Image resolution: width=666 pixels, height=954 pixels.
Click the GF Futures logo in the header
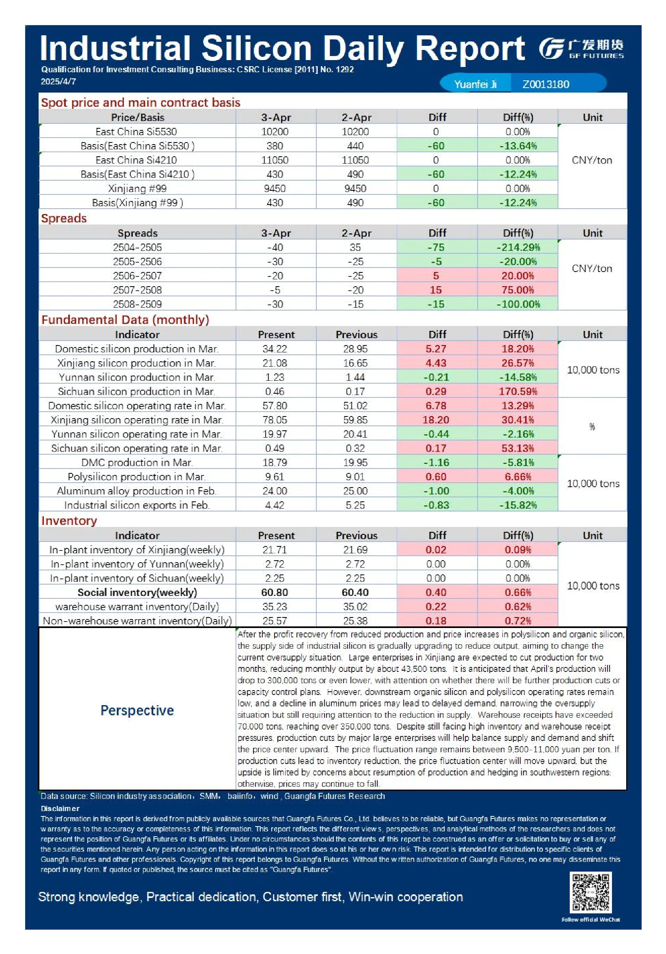point(581,49)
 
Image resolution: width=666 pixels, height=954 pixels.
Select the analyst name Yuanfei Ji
point(475,84)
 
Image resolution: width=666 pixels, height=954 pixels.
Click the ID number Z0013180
point(546,84)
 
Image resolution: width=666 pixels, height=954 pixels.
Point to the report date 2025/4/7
point(58,82)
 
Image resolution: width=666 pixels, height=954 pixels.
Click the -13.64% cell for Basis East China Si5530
point(518,146)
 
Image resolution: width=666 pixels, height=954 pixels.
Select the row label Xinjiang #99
point(137,189)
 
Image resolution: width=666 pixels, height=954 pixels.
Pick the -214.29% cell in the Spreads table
point(518,247)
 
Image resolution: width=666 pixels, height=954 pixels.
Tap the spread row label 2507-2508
point(137,290)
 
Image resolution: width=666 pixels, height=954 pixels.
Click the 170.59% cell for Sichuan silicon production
point(518,391)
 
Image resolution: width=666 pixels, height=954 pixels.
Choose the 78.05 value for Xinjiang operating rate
point(275,420)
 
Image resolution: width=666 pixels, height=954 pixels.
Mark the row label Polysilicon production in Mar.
point(137,477)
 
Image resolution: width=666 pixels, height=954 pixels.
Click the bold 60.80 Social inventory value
point(275,592)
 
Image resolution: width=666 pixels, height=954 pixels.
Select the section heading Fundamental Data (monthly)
point(125,319)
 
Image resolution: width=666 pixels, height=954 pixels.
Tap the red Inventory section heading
point(69,520)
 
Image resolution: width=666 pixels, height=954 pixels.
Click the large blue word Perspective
point(137,710)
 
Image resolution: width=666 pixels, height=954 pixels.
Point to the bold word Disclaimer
point(60,809)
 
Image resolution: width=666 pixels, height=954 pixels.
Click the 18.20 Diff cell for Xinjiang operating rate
point(436,420)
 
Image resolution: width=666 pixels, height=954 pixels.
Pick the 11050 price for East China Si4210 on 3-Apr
point(275,160)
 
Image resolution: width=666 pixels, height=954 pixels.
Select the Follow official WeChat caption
point(591,919)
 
